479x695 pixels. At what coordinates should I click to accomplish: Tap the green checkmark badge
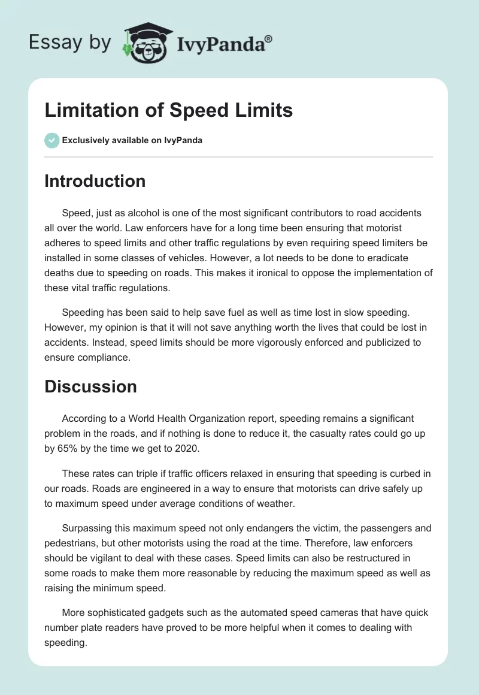click(x=51, y=140)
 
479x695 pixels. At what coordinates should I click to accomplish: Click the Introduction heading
click(x=95, y=181)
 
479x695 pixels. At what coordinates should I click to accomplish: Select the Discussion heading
click(x=90, y=386)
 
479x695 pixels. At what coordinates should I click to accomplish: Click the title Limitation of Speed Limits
click(x=168, y=110)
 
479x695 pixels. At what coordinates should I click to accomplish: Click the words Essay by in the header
click(x=69, y=43)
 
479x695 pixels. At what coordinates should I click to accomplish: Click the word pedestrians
click(x=72, y=542)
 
